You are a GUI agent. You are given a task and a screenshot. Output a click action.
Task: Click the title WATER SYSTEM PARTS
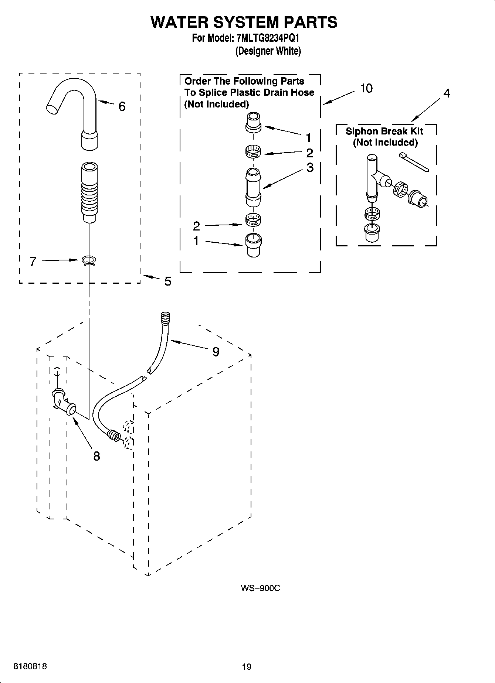coord(244,22)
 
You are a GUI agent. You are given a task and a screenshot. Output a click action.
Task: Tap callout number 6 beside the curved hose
coord(122,106)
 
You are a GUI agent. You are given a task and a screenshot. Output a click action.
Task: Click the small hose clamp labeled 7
coord(88,261)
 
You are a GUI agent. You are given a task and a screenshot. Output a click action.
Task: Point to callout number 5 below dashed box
coord(167,281)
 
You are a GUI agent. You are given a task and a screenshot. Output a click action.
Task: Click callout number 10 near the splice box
coord(366,89)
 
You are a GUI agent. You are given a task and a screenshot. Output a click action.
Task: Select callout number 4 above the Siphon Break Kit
coord(447,93)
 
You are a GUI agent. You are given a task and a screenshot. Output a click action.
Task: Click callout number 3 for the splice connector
coord(310,167)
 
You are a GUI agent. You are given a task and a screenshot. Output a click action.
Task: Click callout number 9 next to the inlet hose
coord(216,352)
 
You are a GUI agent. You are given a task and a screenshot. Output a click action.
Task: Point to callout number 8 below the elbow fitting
coord(96,456)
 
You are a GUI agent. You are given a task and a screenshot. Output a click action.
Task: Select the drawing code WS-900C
coord(260,588)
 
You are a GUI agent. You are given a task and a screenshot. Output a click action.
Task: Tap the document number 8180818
coord(30,666)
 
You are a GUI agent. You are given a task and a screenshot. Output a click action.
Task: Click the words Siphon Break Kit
coord(384,131)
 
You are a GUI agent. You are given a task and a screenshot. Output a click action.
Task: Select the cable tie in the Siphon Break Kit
coord(414,163)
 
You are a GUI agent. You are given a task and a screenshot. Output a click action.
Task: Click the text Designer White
coord(268,51)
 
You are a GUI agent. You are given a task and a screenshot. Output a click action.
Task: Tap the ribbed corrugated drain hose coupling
coord(89,192)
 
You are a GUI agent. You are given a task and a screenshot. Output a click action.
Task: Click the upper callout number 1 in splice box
coord(308,138)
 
